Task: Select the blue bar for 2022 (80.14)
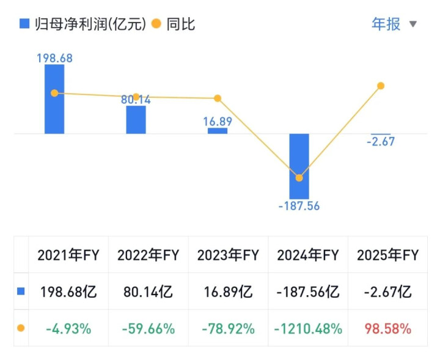(x=136, y=119)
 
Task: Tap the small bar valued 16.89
(x=218, y=130)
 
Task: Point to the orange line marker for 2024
(x=299, y=178)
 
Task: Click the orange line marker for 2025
(x=381, y=86)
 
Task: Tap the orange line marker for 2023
(x=218, y=98)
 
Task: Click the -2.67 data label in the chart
(x=381, y=142)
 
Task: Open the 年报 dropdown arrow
(x=413, y=24)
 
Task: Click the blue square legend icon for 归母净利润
(x=24, y=24)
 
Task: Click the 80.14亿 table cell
(x=148, y=292)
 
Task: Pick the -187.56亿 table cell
(x=308, y=292)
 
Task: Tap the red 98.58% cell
(x=387, y=329)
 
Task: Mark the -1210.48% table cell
(x=308, y=329)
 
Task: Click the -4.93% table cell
(x=68, y=329)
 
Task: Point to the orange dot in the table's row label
(x=21, y=328)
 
